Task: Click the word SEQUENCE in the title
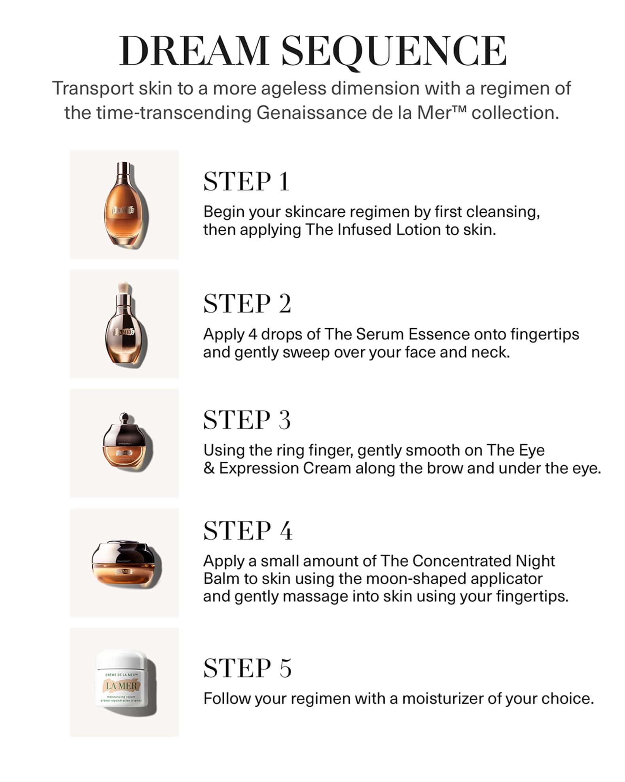coord(394,51)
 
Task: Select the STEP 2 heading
coord(247,304)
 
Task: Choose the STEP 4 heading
coord(248,531)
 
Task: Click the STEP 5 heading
coord(247,668)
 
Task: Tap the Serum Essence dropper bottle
coord(124,327)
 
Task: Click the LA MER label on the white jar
coord(121,685)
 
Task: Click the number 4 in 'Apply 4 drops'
coord(252,334)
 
